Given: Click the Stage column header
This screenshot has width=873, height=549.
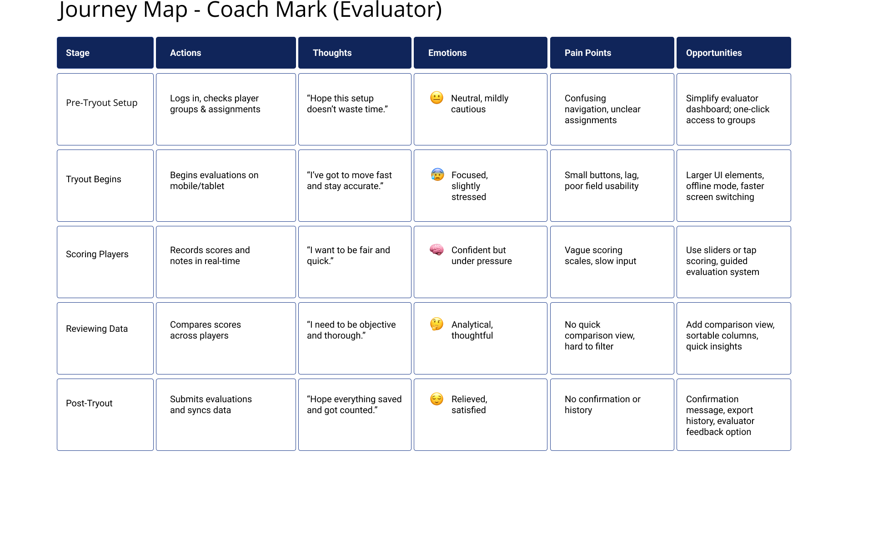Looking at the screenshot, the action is [105, 53].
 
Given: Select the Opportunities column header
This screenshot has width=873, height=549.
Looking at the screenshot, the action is [733, 53].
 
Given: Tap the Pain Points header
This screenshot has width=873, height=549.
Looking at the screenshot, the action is [612, 53].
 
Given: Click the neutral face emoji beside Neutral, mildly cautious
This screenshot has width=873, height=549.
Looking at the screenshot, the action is [436, 98].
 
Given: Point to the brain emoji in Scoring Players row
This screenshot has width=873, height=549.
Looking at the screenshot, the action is [436, 250].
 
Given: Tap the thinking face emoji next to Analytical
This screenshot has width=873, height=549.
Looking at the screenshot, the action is [436, 324].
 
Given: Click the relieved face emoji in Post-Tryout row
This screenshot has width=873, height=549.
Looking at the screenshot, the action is [436, 399].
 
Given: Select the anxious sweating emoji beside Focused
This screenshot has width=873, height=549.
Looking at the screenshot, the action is [437, 175].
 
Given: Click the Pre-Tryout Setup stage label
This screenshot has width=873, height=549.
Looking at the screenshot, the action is [101, 103].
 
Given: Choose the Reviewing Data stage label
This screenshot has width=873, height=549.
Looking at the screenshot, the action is [97, 329].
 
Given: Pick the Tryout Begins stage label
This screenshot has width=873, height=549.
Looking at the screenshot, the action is [94, 179].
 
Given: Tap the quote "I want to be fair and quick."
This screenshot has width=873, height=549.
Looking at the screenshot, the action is [348, 255].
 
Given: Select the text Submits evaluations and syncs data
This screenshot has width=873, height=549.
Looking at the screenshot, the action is [211, 404].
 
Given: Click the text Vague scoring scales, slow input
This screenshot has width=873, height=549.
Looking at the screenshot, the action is [600, 255].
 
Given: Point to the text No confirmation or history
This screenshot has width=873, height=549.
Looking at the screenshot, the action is [602, 404].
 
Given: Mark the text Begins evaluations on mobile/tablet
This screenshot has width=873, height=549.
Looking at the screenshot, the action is [214, 180].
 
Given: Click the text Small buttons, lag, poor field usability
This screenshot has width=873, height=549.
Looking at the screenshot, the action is [602, 180].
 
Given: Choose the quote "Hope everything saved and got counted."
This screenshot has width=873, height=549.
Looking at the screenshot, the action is [354, 404].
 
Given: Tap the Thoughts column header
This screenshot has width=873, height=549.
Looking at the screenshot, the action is [355, 53].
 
